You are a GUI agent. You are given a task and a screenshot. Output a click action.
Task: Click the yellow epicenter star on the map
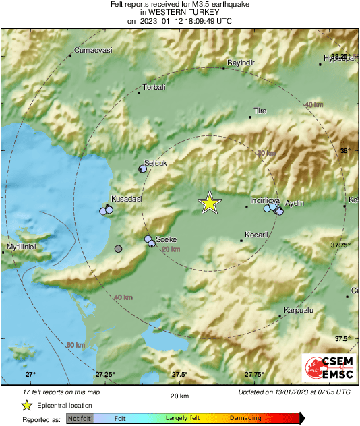[210, 203]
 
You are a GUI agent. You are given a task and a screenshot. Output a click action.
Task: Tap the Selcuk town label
[155, 163]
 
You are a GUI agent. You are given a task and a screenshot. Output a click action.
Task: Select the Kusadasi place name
[127, 200]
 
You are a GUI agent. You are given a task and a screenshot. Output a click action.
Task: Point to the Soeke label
[166, 239]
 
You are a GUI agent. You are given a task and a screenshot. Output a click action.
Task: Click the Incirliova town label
[264, 200]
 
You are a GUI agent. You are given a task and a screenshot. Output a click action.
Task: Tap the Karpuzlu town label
[299, 311]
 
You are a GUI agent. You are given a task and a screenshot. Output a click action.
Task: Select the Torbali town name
[154, 87]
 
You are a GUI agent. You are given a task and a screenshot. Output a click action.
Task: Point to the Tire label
[260, 111]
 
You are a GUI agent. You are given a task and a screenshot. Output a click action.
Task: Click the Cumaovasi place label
[92, 51]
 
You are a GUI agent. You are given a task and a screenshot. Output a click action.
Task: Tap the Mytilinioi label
[20, 247]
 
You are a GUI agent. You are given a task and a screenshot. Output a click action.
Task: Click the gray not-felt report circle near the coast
[119, 249]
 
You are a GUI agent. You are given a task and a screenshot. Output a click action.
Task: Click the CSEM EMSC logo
[324, 369]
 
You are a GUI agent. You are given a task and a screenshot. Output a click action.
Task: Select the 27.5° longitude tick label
[179, 375]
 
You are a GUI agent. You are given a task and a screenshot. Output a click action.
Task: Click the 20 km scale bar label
[179, 395]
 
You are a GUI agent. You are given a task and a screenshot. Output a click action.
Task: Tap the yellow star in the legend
[26, 405]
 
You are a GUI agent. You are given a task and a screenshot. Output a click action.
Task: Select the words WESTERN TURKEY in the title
[180, 12]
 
